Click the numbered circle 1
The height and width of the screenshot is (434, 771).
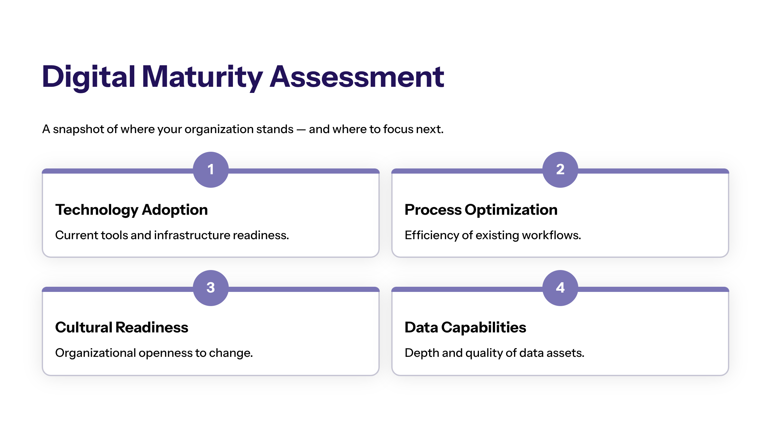[x=211, y=169]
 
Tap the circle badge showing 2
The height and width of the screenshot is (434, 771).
[x=560, y=169]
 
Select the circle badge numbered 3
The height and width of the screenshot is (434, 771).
[x=211, y=288]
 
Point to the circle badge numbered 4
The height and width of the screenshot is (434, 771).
[x=560, y=288]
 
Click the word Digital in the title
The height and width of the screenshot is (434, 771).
[x=89, y=77]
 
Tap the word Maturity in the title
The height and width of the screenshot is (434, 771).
[x=202, y=77]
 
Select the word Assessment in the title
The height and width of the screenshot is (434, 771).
[x=357, y=77]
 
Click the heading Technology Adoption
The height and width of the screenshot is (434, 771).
[x=131, y=210]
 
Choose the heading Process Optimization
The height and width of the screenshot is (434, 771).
[x=481, y=210]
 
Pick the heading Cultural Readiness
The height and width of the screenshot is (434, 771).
[x=122, y=328]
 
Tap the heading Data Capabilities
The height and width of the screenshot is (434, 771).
[x=465, y=328]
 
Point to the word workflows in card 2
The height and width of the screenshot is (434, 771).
[x=551, y=235]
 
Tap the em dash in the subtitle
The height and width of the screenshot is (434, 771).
[x=301, y=130]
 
